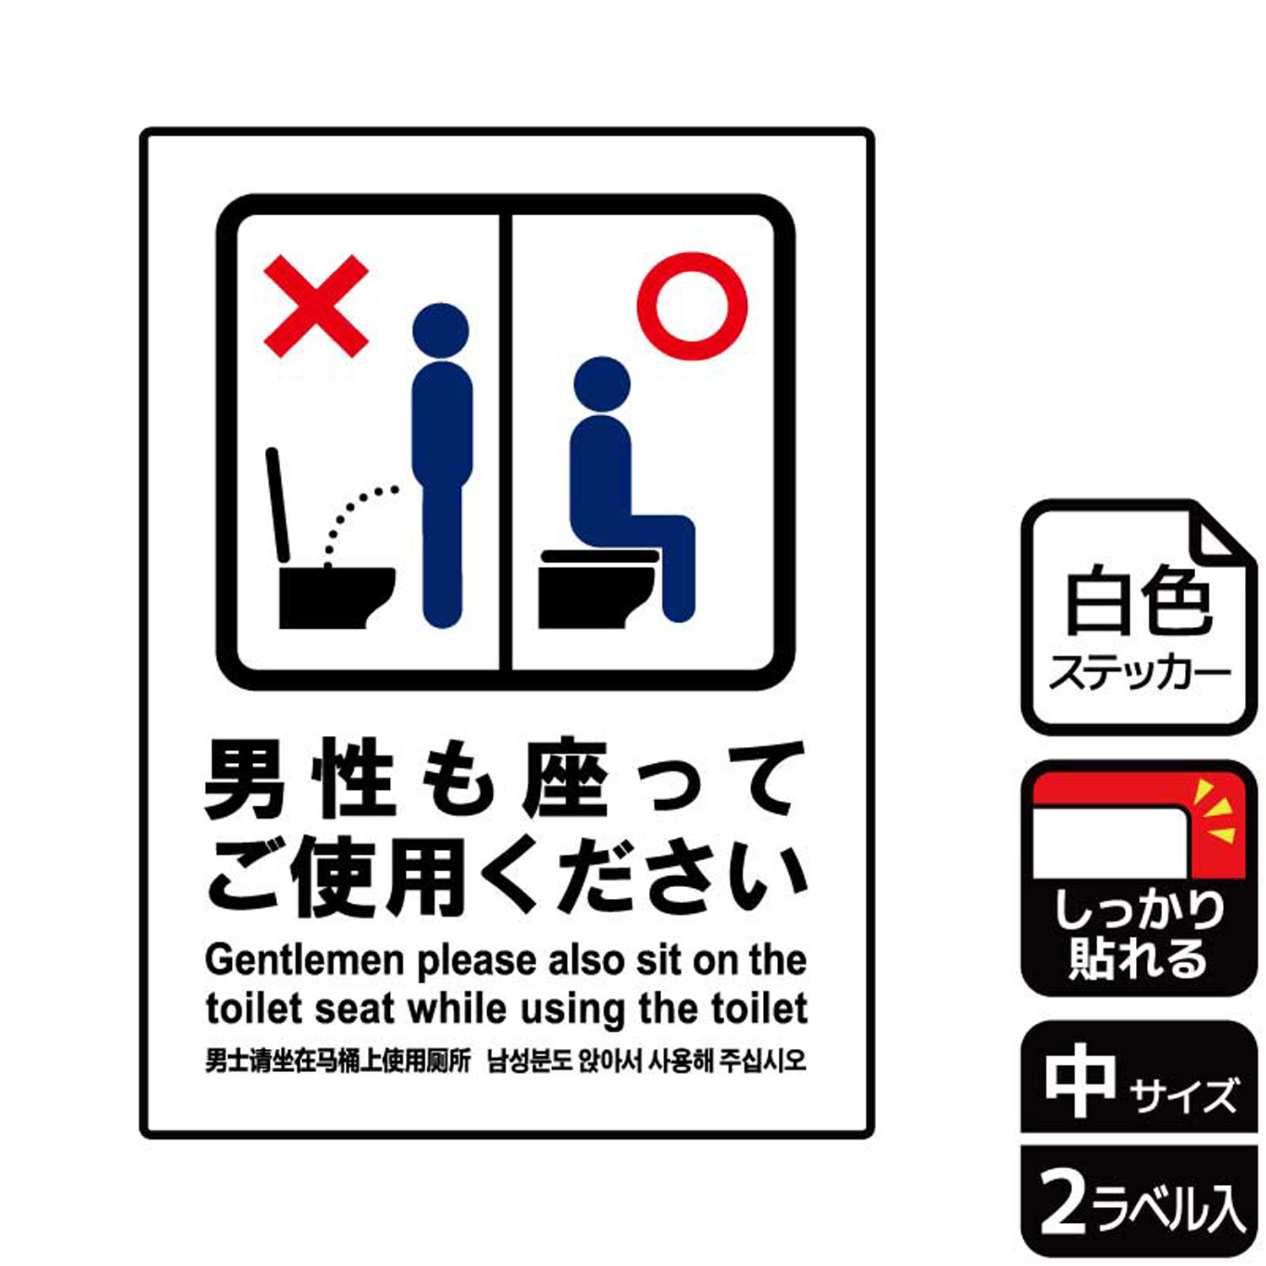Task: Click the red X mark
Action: pos(316,306)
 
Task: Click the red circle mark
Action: pos(692,306)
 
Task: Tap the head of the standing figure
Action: pos(441,330)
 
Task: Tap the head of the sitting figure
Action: pos(602,384)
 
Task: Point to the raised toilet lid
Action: pos(278,505)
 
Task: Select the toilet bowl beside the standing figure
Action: pos(334,598)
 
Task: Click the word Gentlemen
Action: pos(305,960)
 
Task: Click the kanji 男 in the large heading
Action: pos(245,779)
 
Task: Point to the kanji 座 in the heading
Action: pos(565,779)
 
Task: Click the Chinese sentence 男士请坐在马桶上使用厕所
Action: pos(338,1061)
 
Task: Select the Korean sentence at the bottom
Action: pos(647,1061)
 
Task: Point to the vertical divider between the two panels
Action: pos(506,442)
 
